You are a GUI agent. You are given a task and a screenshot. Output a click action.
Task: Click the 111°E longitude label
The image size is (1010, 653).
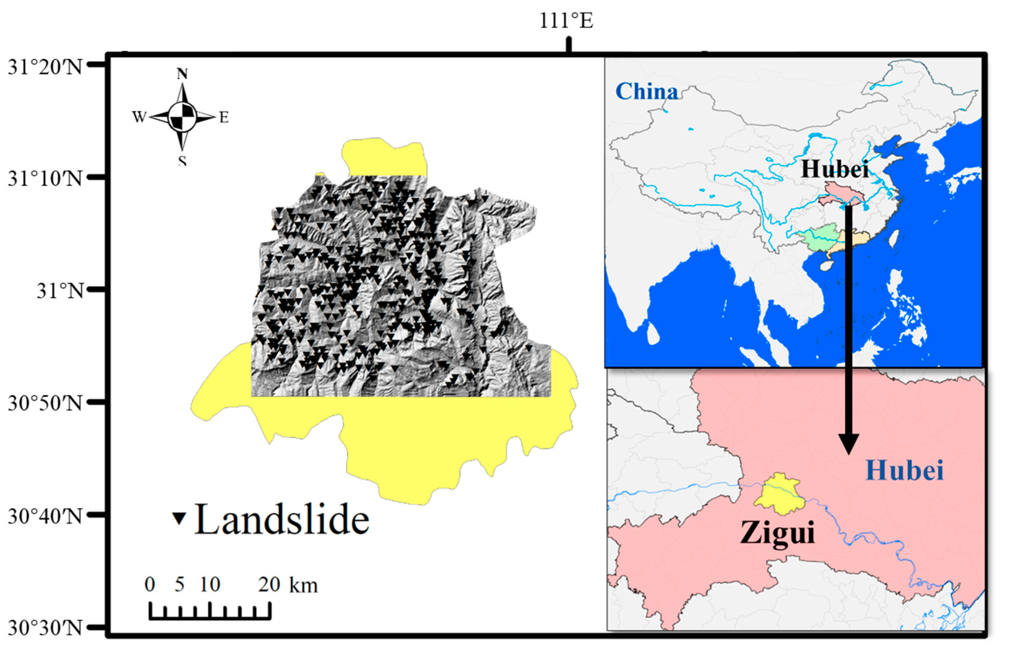[566, 20]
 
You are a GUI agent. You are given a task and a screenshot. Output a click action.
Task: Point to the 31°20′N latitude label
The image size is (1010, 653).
[45, 67]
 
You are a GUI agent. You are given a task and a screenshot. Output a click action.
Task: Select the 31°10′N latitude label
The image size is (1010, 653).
[45, 178]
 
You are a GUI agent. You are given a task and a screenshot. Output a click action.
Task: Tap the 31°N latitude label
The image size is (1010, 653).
[60, 291]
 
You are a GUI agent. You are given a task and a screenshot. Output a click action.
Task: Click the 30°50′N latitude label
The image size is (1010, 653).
[45, 403]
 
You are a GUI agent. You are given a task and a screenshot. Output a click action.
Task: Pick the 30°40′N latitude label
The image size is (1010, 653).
[45, 516]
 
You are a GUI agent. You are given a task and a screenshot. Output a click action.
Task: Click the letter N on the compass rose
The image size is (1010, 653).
[182, 74]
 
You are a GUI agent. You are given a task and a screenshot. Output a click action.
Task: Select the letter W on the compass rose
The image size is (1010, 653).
[139, 117]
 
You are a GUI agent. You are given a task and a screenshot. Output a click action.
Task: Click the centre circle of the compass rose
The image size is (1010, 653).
[182, 116]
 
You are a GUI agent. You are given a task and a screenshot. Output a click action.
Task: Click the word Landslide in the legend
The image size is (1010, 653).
[282, 519]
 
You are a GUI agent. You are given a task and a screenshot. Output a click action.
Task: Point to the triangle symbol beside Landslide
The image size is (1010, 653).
[179, 518]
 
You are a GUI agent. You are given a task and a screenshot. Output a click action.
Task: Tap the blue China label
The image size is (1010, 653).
[646, 92]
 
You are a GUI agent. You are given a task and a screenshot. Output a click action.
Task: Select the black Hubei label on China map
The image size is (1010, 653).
[835, 169]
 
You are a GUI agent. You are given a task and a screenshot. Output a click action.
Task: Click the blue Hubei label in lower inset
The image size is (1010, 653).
[904, 470]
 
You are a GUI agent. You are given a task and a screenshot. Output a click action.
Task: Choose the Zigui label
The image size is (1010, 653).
[777, 533]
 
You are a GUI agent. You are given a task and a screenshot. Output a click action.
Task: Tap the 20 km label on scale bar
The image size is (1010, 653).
[288, 585]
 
